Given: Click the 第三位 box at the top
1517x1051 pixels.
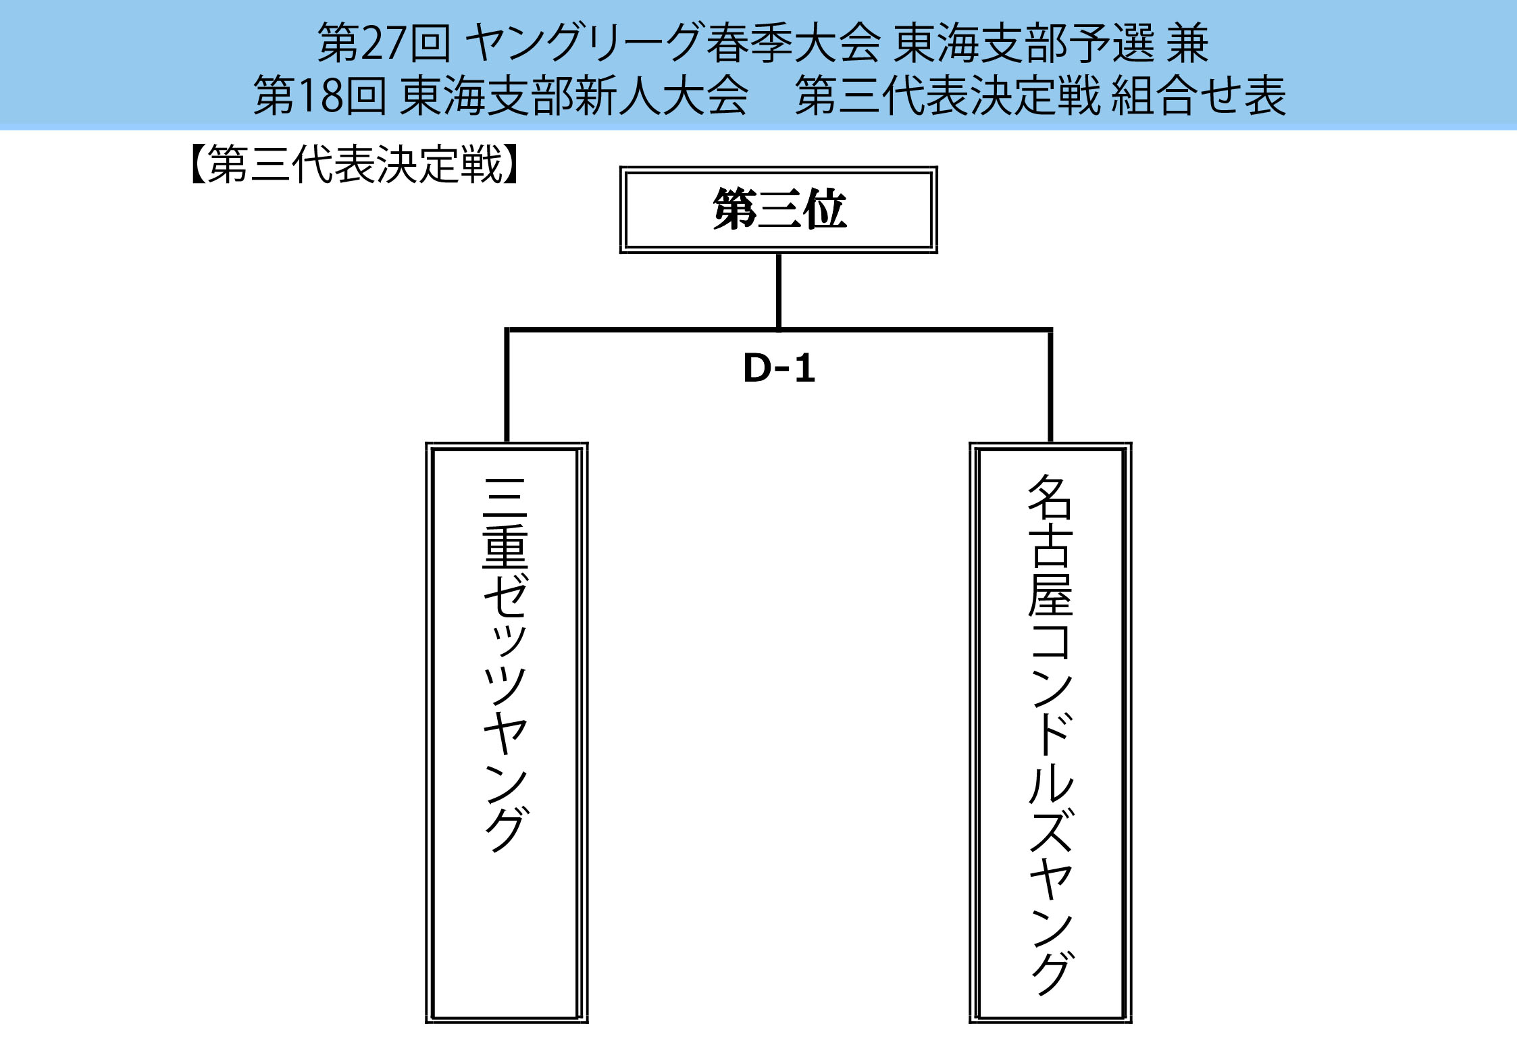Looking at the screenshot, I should pyautogui.click(x=779, y=209).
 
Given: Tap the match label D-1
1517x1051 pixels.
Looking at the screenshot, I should pyautogui.click(x=779, y=369).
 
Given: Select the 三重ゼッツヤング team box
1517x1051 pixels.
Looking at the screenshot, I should pyautogui.click(x=507, y=732).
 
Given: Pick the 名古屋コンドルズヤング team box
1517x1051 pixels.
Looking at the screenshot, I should pyautogui.click(x=1050, y=732).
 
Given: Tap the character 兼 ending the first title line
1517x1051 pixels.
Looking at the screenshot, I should pyautogui.click(x=1187, y=43).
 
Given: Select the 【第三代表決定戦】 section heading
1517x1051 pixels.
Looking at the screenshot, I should pyautogui.click(x=355, y=164).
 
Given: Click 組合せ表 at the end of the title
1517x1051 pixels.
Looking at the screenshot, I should pyautogui.click(x=1198, y=96).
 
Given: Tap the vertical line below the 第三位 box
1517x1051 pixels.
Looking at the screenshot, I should pyautogui.click(x=779, y=290).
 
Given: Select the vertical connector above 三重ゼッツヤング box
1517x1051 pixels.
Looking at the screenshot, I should pyautogui.click(x=507, y=385).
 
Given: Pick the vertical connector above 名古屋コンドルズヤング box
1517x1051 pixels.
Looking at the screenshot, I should pyautogui.click(x=1050, y=385).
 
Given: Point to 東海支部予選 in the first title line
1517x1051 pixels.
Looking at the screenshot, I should pyautogui.click(x=1024, y=43).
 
